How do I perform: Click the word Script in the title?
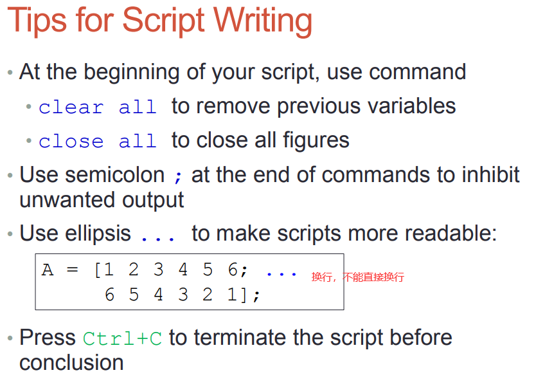(x=163, y=21)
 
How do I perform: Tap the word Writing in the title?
(x=263, y=21)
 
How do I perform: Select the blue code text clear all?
(x=98, y=107)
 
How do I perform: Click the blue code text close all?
(x=98, y=142)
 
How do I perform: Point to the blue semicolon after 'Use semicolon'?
(x=178, y=176)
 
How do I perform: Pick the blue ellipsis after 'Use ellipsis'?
(x=158, y=238)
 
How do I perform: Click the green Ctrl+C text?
(x=122, y=338)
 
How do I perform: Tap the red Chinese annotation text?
(x=358, y=277)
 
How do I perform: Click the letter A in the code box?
(x=48, y=270)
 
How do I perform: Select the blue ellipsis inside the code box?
(x=281, y=274)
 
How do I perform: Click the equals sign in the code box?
(x=73, y=270)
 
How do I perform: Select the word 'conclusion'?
(x=71, y=363)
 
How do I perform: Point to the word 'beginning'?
(x=132, y=73)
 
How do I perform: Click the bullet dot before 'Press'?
(x=10, y=338)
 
